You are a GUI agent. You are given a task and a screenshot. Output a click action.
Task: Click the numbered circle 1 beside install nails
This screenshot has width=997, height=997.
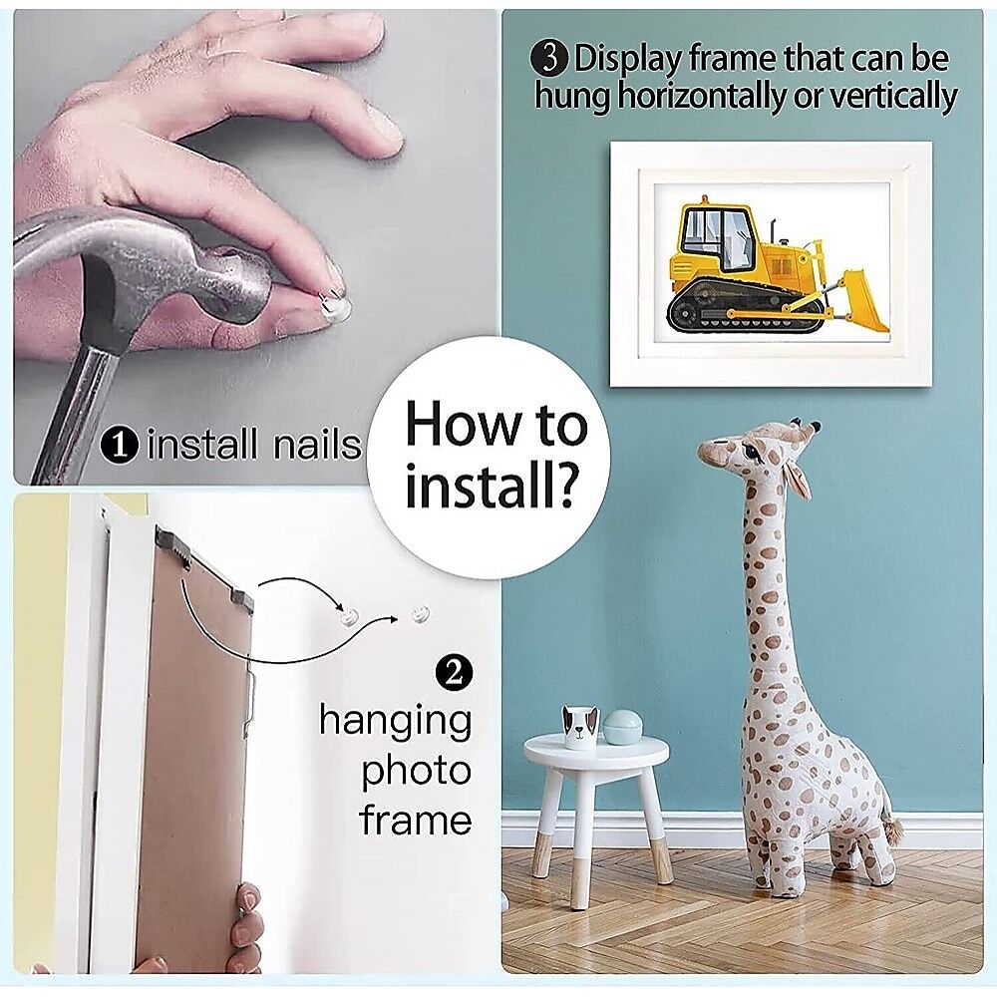click(120, 445)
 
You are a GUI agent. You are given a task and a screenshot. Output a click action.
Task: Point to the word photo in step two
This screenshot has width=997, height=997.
click(416, 773)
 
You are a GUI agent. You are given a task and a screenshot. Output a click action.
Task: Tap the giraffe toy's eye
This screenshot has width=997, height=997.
click(753, 453)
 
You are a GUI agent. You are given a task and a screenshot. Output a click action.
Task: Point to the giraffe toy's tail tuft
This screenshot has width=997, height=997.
click(892, 830)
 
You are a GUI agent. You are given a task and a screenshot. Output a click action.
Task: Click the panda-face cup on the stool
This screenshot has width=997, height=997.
click(580, 728)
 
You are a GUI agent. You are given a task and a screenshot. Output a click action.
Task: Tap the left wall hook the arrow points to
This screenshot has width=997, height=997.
click(350, 617)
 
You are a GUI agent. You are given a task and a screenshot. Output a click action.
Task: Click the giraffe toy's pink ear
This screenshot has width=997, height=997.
click(798, 477)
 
